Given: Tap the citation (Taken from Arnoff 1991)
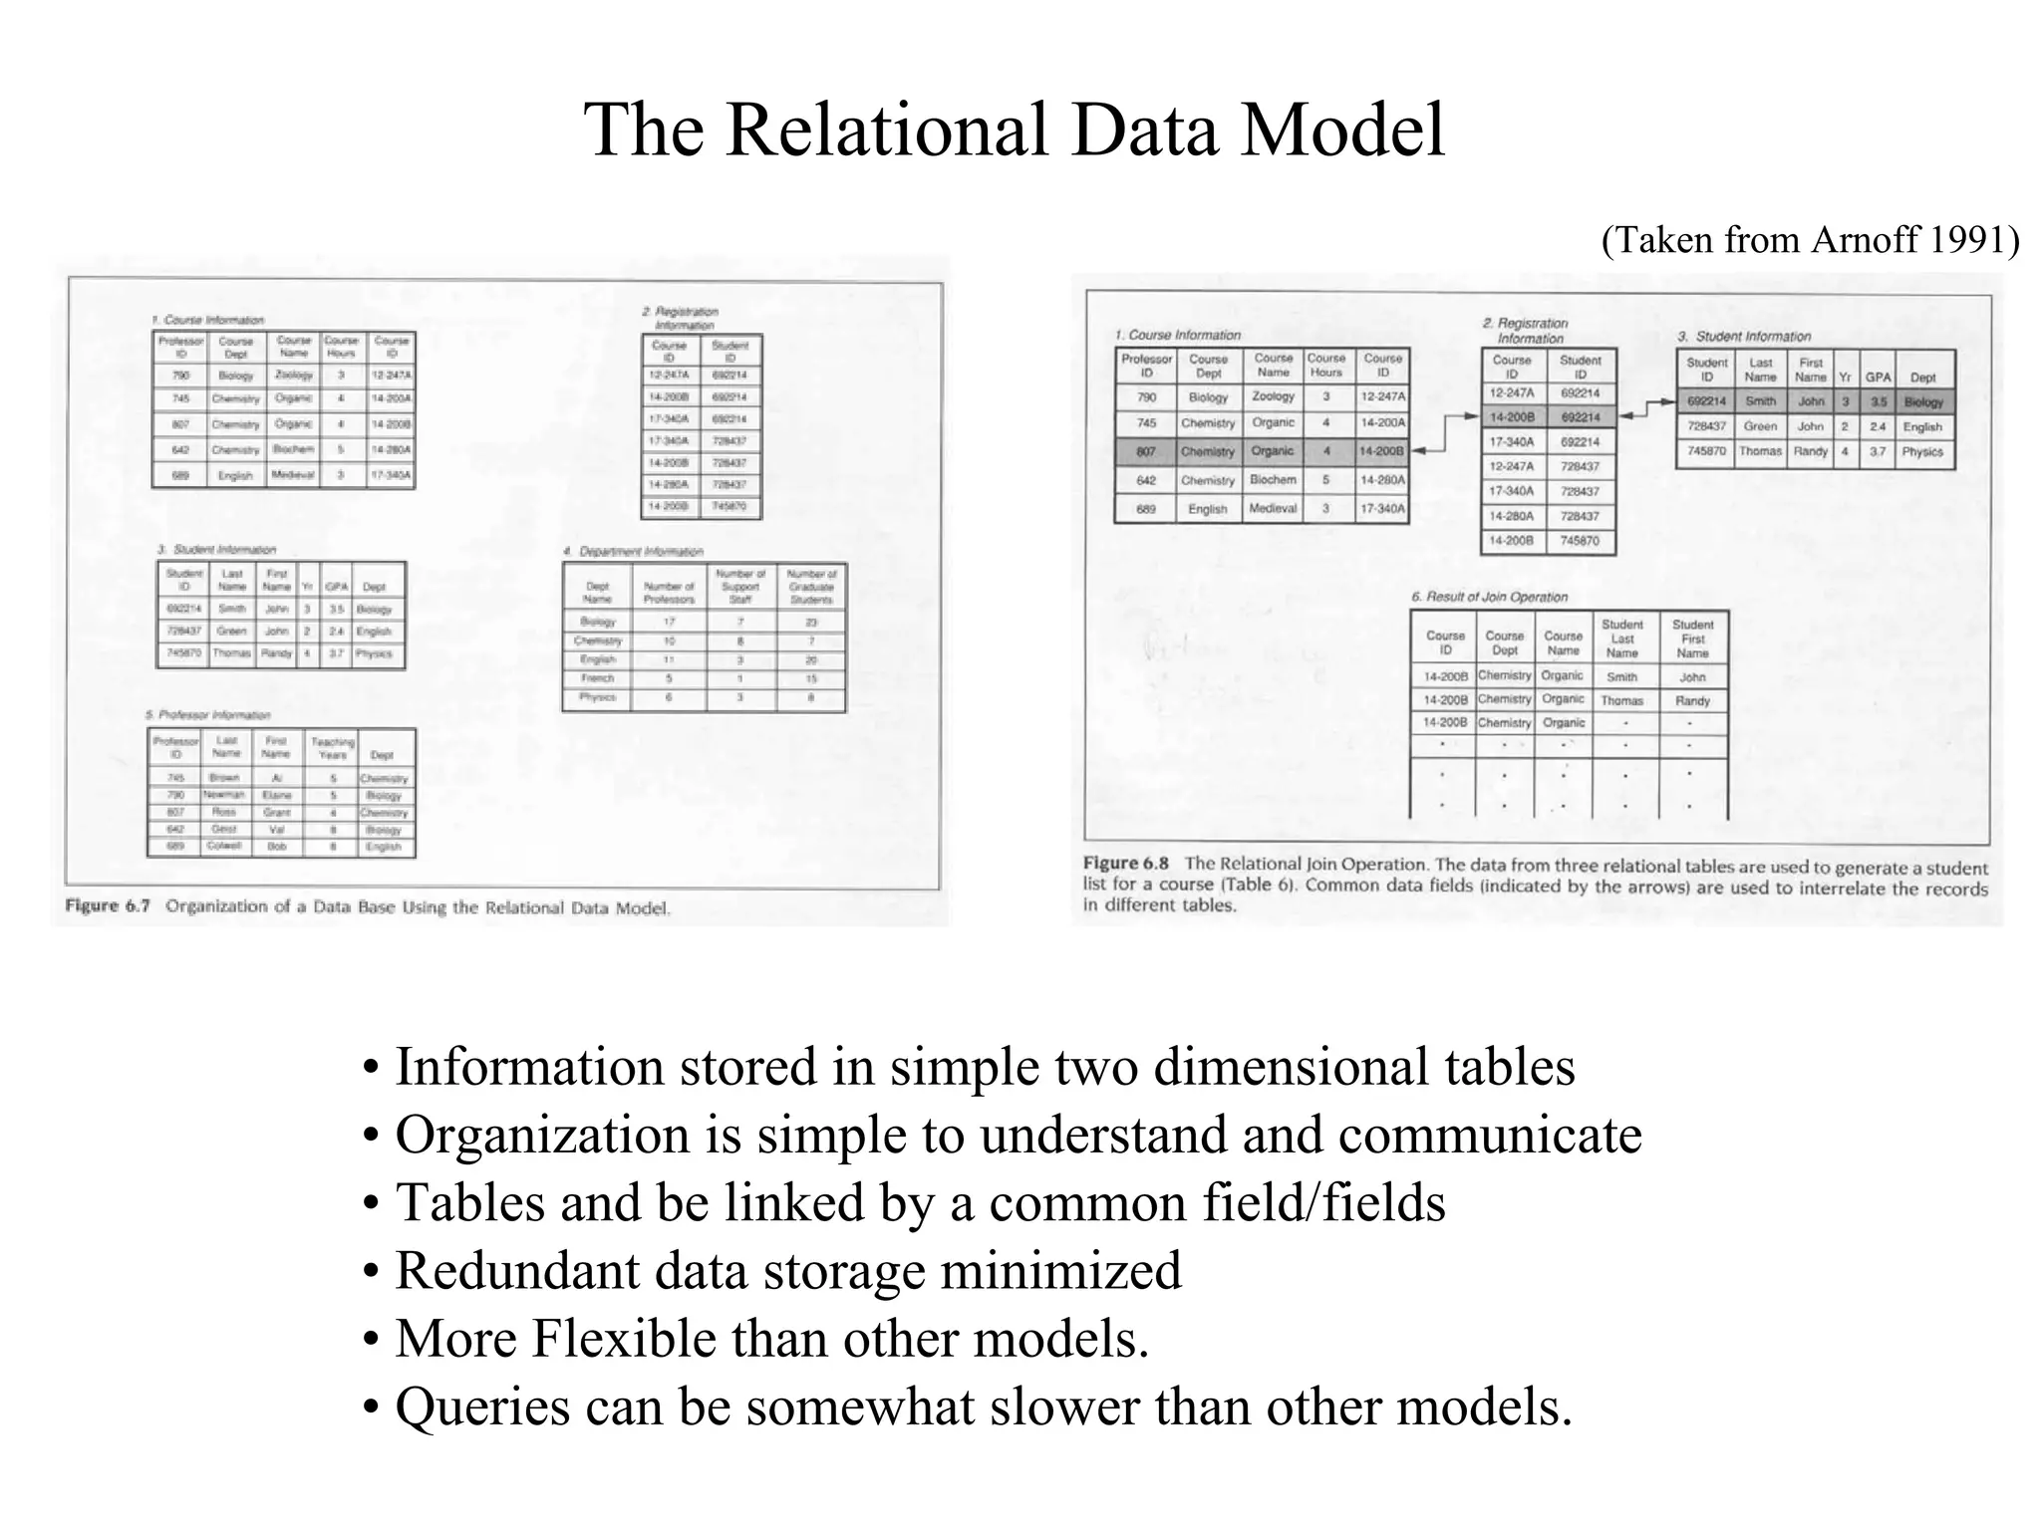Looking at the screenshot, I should click(1810, 240).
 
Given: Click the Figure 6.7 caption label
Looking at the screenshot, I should click(108, 905).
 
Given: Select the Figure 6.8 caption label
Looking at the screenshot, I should click(1125, 864).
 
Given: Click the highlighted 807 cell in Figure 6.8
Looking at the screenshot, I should click(1146, 451).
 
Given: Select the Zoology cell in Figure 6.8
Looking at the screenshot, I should click(1273, 396).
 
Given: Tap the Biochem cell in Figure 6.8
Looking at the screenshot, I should click(1273, 480).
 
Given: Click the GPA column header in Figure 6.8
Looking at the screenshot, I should click(1878, 378).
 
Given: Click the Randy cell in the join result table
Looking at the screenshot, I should click(1692, 700).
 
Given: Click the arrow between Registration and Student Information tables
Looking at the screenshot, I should click(1646, 408).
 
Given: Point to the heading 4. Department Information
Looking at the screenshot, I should click(633, 551).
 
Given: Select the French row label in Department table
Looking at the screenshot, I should click(597, 678).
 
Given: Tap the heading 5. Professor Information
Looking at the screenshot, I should click(208, 715).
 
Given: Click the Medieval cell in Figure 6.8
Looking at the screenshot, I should click(1273, 509).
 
